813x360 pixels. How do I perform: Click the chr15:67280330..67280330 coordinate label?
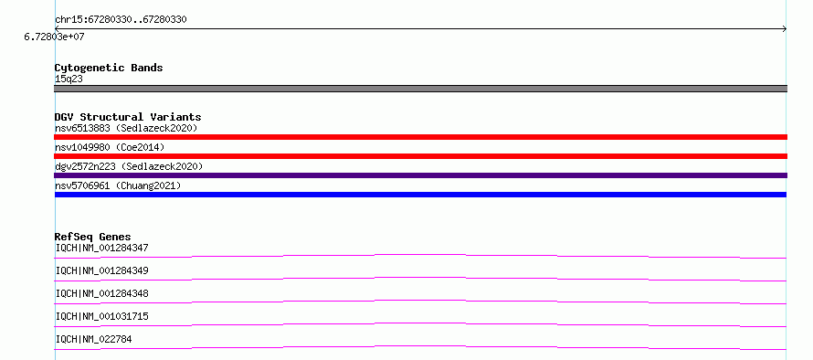(x=121, y=20)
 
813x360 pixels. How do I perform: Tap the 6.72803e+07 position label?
(x=54, y=37)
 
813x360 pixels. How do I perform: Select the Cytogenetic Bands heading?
(x=109, y=68)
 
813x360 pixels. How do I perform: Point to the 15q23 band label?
(x=69, y=79)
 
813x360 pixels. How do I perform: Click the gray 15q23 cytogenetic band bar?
(x=420, y=89)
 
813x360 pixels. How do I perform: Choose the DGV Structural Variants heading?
(x=128, y=117)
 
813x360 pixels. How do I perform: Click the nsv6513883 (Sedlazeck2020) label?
(x=126, y=128)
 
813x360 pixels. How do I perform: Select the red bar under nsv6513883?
(x=420, y=137)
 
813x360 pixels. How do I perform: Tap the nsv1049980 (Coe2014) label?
(x=110, y=147)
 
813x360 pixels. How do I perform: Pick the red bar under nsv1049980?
(x=420, y=156)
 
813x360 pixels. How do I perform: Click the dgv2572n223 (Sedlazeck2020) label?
(x=129, y=166)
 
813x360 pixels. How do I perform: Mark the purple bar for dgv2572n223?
(x=420, y=175)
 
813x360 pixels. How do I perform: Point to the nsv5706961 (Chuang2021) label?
(x=118, y=185)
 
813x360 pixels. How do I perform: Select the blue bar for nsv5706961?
(x=420, y=195)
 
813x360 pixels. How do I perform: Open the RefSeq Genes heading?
(x=93, y=237)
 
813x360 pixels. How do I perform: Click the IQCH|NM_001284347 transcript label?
(x=101, y=248)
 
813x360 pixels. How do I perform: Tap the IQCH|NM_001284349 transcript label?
(x=101, y=270)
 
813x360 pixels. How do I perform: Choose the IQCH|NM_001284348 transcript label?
(x=101, y=293)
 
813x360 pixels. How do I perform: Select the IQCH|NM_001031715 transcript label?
(x=101, y=316)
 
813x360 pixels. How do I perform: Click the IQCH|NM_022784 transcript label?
(x=93, y=339)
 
